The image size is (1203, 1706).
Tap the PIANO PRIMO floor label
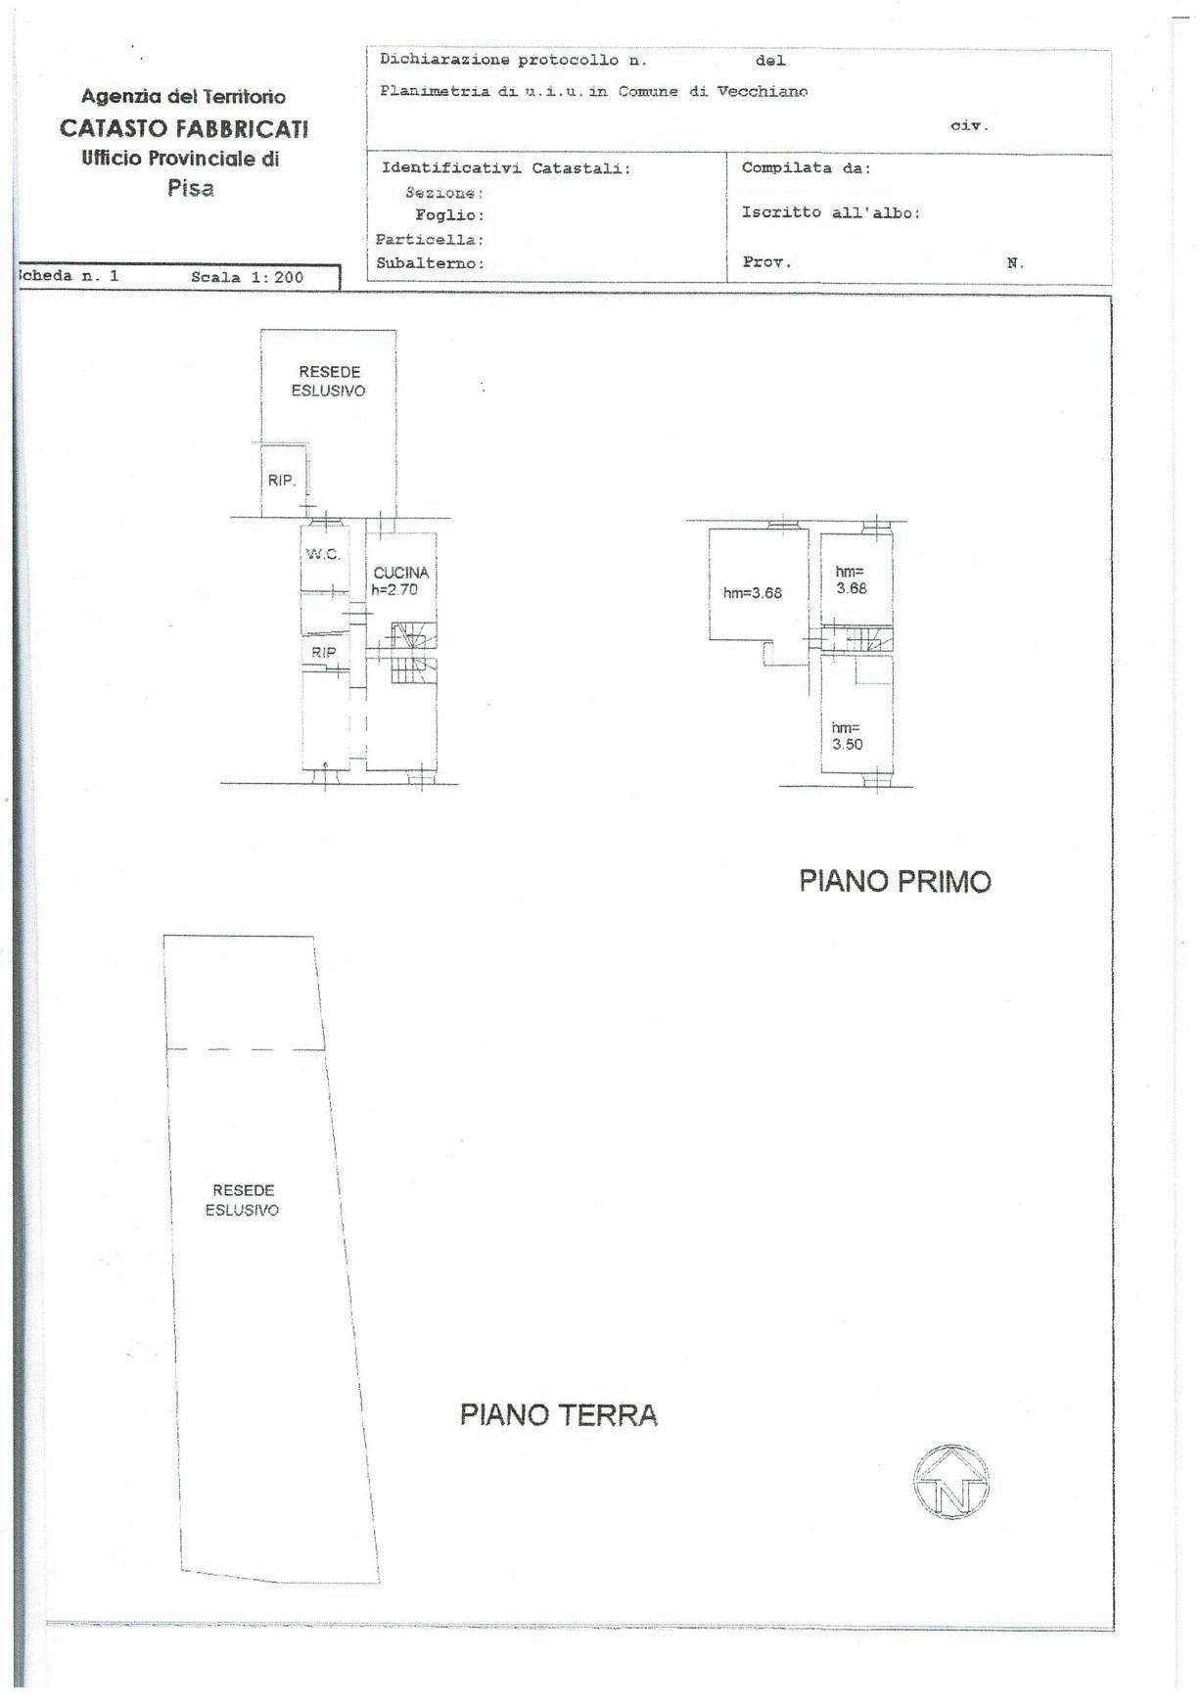(x=895, y=882)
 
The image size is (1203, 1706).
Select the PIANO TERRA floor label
(x=559, y=1414)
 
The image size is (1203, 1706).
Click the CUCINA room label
(x=401, y=573)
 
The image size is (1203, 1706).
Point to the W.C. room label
(x=323, y=554)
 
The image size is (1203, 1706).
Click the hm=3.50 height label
(x=848, y=736)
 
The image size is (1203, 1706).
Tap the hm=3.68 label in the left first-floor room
(x=753, y=592)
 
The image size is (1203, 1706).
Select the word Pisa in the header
(x=191, y=189)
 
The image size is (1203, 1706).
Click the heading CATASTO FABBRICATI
(x=185, y=128)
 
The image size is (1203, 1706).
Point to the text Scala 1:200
(x=248, y=277)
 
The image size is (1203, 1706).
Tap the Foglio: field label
(x=450, y=215)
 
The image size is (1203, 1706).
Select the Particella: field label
(x=430, y=240)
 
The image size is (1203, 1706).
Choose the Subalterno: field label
(x=431, y=263)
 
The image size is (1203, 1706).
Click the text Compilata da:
(x=807, y=167)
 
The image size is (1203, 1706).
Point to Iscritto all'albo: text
(x=831, y=212)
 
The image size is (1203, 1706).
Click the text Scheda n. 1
(x=69, y=276)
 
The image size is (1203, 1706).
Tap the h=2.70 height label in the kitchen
(x=394, y=589)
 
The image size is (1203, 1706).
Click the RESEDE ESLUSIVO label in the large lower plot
(x=243, y=1200)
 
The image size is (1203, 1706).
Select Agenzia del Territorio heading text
(x=184, y=97)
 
